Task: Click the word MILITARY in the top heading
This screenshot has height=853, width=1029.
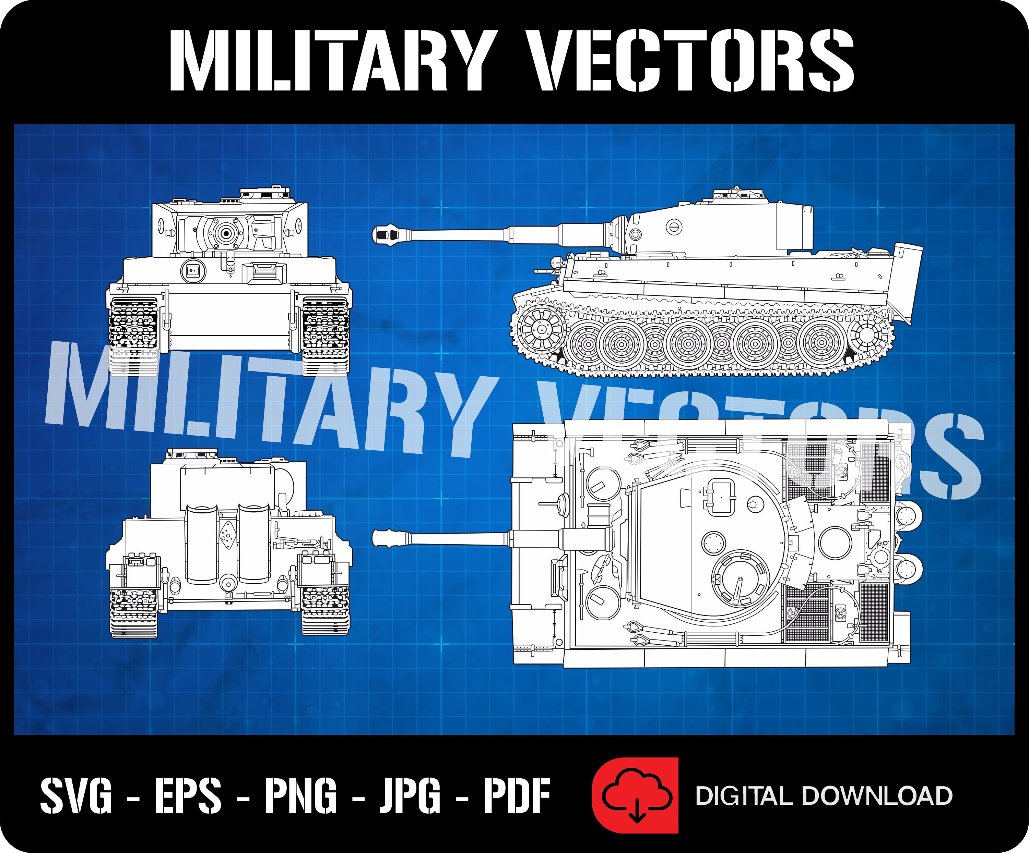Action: (x=330, y=60)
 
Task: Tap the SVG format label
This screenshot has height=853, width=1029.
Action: (x=76, y=796)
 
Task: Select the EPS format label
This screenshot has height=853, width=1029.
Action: (x=188, y=796)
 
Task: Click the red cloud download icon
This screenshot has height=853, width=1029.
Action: (x=636, y=796)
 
